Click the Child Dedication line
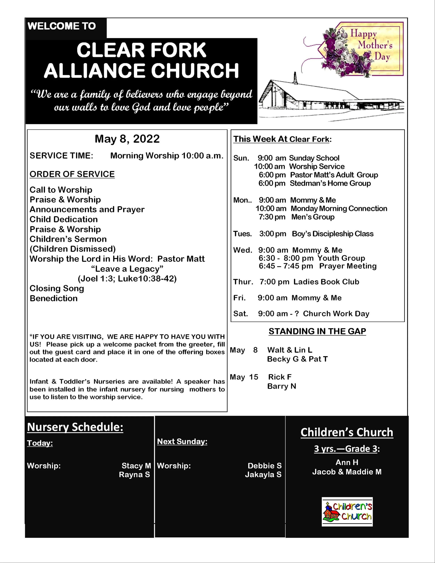pyautogui.click(x=64, y=219)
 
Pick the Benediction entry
pyautogui.click(x=54, y=298)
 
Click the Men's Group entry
pyautogui.click(x=313, y=217)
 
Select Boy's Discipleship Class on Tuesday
pyautogui.click(x=333, y=234)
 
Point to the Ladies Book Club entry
pyautogui.click(x=326, y=282)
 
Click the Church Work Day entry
pyautogui.click(x=336, y=314)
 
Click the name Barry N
pyautogui.click(x=282, y=386)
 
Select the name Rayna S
pyautogui.click(x=134, y=475)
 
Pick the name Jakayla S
pyautogui.click(x=263, y=475)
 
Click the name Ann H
pyautogui.click(x=347, y=462)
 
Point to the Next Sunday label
pyautogui.click(x=182, y=442)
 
